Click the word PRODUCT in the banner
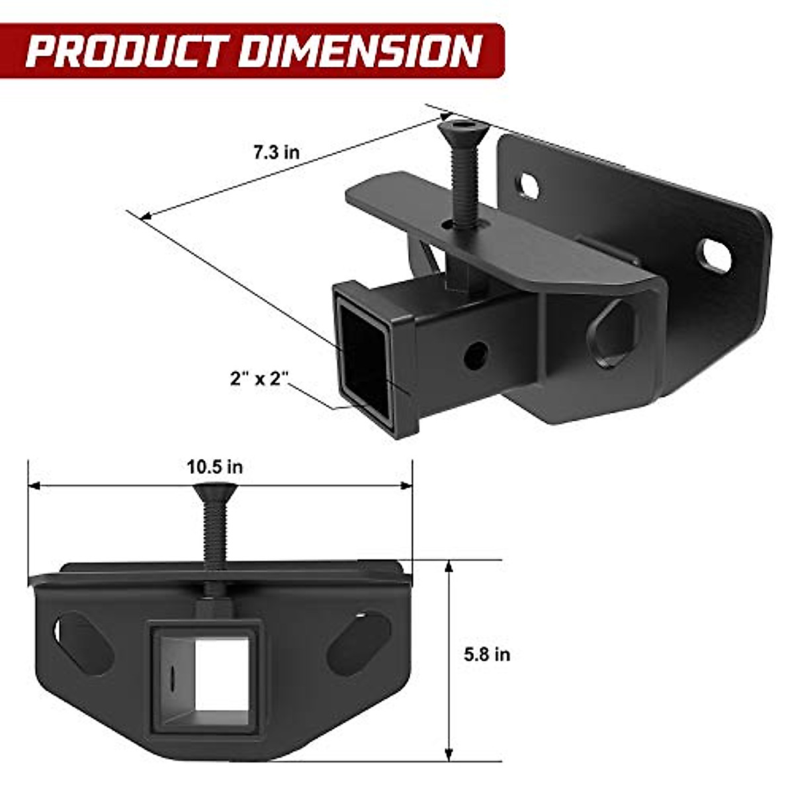(x=129, y=52)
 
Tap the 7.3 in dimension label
(x=276, y=152)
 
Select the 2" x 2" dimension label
(x=260, y=379)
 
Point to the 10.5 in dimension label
(x=214, y=467)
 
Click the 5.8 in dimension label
(x=487, y=654)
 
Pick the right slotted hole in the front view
(x=358, y=642)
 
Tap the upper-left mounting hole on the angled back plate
(x=527, y=186)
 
